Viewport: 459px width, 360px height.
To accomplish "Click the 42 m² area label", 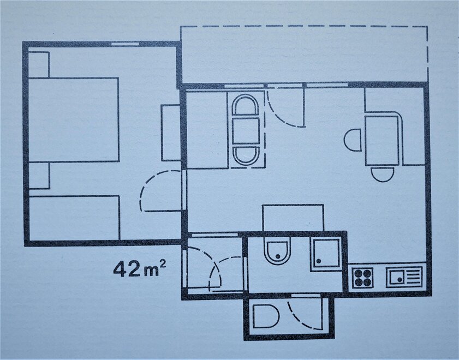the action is point(140,269).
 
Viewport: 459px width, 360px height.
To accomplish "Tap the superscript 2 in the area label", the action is point(163,264).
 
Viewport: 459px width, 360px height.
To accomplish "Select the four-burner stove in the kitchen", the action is point(362,278).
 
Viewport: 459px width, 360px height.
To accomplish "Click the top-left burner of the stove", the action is point(358,273).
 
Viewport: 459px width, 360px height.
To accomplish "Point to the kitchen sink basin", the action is point(397,277).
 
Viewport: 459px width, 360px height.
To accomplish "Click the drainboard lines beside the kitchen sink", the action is point(413,277).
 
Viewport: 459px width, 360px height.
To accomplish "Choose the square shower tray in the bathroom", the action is point(326,254).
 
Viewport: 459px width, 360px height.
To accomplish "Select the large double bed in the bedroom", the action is point(74,119).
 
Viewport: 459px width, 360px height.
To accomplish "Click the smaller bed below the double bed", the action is point(74,218).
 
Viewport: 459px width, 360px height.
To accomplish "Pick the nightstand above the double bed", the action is point(39,64).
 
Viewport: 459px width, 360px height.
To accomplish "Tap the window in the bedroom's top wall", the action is point(126,44).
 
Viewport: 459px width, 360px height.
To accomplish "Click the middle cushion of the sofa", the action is point(246,131).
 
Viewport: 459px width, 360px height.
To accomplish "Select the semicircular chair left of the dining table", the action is point(353,140).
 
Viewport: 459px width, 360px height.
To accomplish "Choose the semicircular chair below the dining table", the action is point(382,175).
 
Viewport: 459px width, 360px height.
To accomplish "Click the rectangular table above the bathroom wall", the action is point(293,218).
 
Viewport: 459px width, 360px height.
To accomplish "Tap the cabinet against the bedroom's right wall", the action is point(171,133).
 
